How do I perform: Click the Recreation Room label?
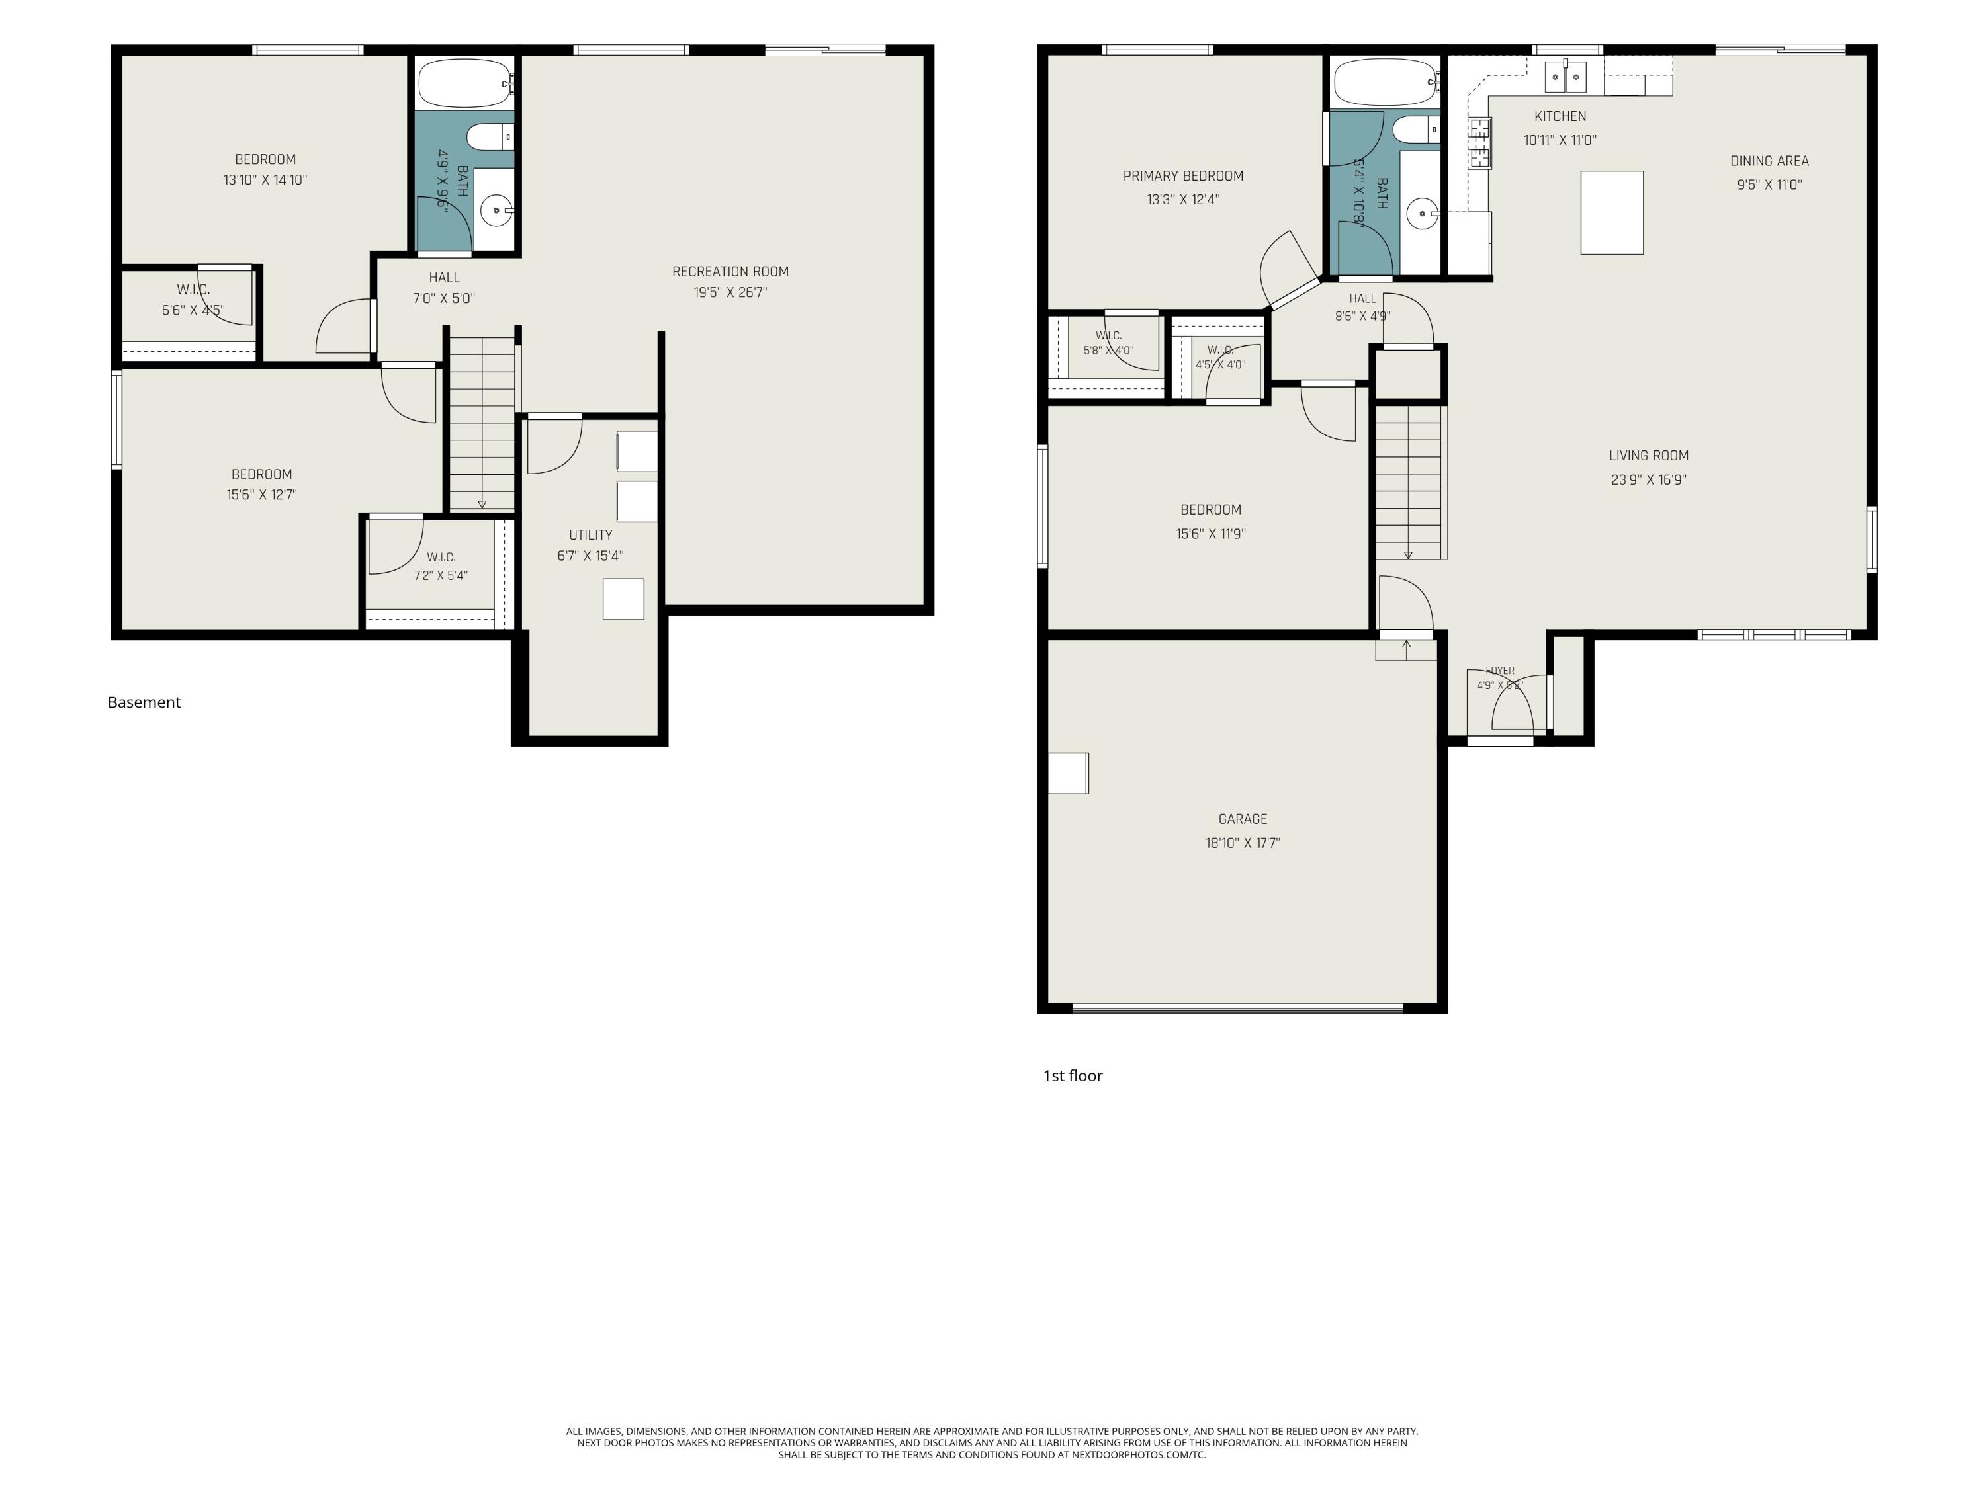click(x=730, y=272)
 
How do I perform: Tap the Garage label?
click(x=1243, y=819)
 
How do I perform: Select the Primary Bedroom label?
click(x=1183, y=176)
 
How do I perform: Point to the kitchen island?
click(x=1612, y=212)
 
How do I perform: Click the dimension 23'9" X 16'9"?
click(x=1648, y=480)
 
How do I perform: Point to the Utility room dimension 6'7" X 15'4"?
click(x=590, y=556)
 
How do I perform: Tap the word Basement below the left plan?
click(x=144, y=702)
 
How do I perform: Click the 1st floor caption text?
click(x=1073, y=1075)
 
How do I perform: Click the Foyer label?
click(x=1499, y=671)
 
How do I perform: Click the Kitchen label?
click(x=1560, y=116)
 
